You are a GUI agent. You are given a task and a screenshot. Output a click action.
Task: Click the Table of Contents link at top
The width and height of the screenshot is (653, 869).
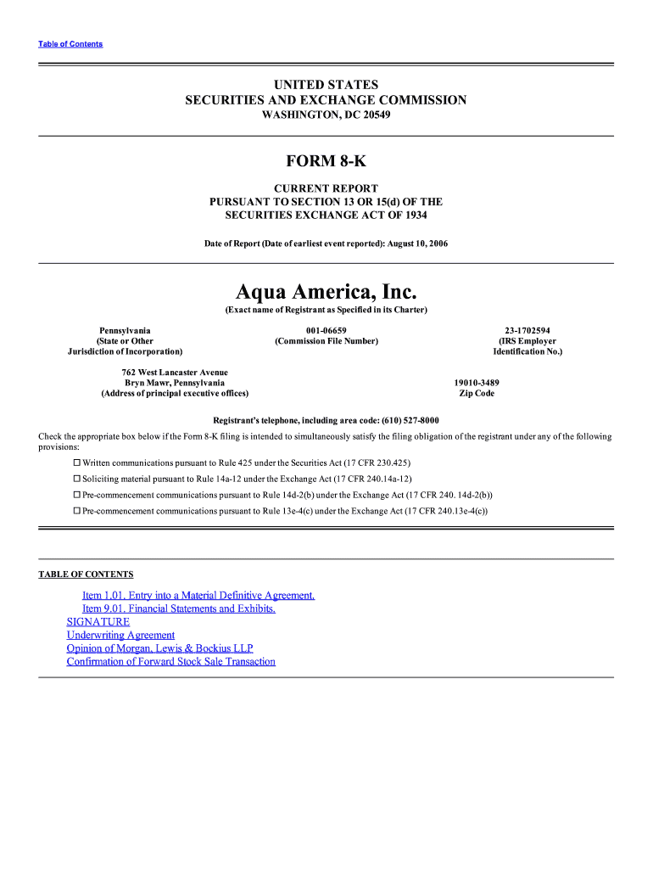[x=70, y=44]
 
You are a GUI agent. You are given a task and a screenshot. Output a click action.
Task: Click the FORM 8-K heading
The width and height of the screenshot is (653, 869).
[x=326, y=161]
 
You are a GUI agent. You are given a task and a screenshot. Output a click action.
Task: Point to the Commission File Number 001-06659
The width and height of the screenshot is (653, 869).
[x=326, y=330]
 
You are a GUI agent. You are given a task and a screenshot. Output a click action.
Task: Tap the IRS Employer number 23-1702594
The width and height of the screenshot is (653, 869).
[x=527, y=330]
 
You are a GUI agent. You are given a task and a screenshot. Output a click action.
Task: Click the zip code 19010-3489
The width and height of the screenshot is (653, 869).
[x=477, y=383]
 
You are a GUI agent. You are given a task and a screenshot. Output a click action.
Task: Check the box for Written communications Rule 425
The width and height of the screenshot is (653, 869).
[x=76, y=463]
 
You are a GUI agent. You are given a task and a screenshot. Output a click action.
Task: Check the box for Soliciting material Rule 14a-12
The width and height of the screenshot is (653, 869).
[x=76, y=479]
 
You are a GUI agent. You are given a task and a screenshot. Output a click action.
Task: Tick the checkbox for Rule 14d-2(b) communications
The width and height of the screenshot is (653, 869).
[x=76, y=495]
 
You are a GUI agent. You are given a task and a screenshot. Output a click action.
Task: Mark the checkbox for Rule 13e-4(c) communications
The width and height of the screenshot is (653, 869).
[x=76, y=511]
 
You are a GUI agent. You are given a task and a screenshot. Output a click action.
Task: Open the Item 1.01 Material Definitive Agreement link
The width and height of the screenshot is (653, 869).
[x=198, y=595]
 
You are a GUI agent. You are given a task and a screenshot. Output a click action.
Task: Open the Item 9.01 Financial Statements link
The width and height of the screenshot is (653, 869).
[x=178, y=608]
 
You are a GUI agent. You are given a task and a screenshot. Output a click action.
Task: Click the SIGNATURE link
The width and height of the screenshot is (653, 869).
[x=98, y=622]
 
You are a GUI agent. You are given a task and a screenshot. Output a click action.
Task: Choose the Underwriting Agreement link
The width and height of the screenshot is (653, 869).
[x=120, y=635]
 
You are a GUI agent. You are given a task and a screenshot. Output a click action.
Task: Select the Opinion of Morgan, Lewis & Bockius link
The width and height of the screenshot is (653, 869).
[x=159, y=648]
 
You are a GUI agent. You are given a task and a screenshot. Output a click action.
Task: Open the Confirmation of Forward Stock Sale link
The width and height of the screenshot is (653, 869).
[x=170, y=662]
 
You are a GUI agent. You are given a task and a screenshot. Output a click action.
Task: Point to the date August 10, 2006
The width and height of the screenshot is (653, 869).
[x=417, y=244]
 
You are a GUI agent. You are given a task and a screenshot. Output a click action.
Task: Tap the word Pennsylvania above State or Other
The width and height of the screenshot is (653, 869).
[x=125, y=330]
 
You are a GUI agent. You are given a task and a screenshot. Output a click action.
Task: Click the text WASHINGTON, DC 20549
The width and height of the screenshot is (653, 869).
[x=326, y=115]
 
